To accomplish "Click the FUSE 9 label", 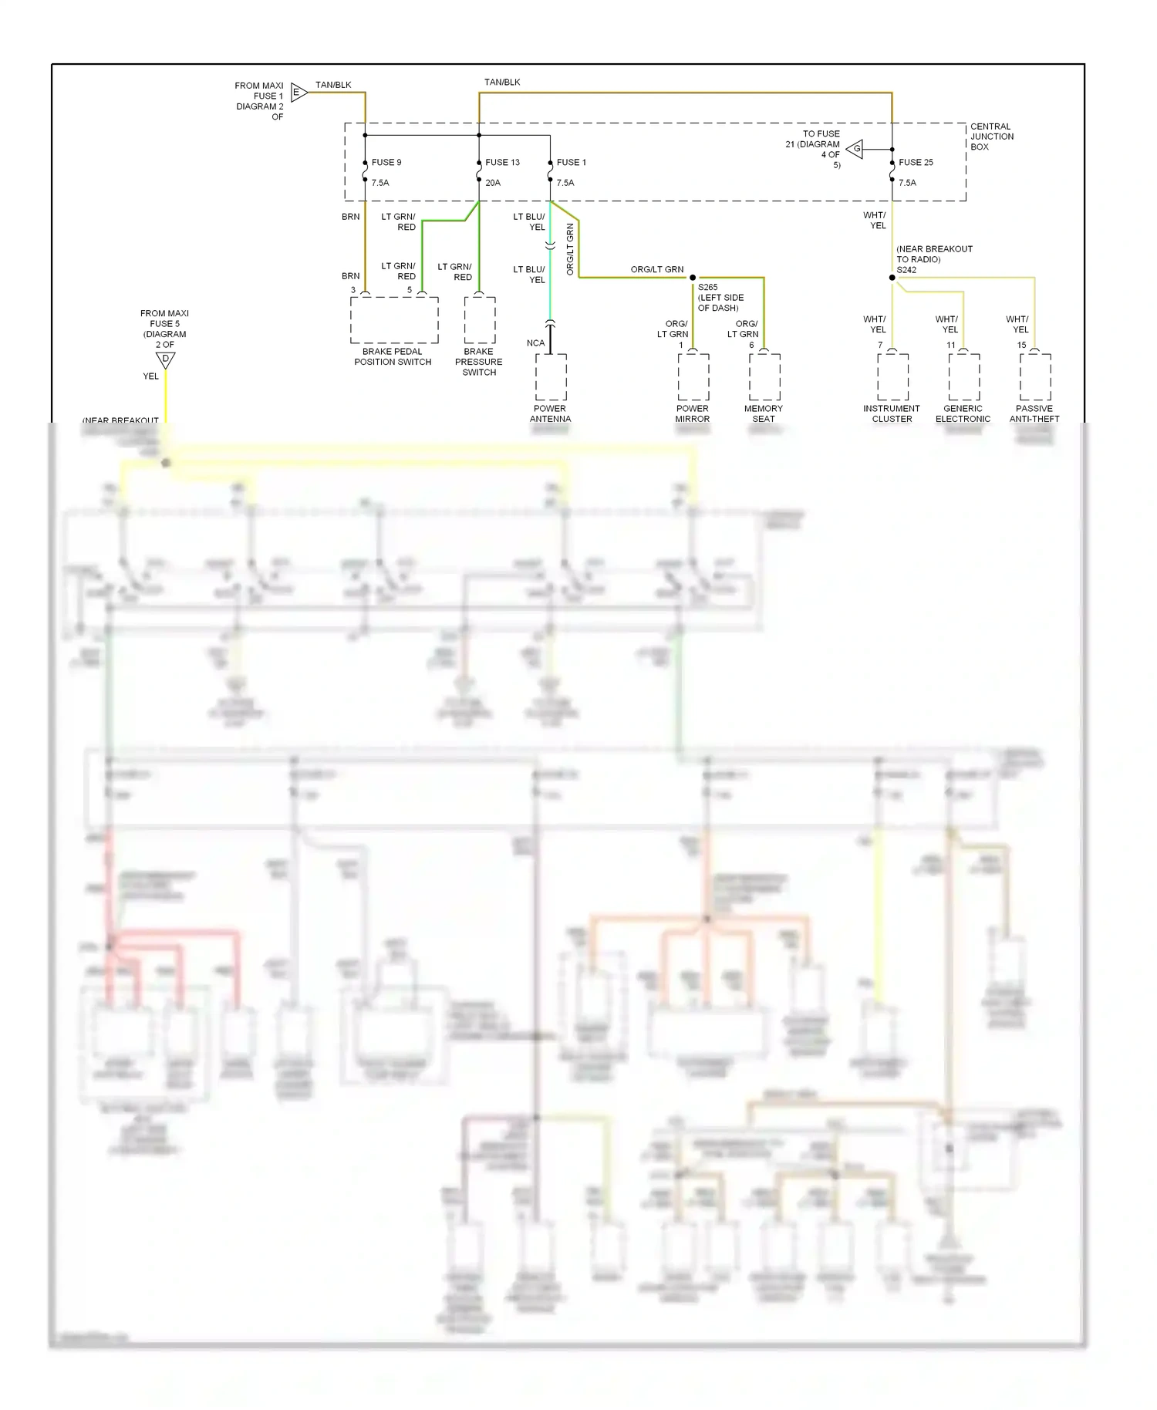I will pyautogui.click(x=386, y=163).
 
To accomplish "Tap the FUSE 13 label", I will pyautogui.click(x=502, y=163).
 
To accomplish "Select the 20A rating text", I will pyautogui.click(x=493, y=183).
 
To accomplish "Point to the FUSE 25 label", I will pyautogui.click(x=916, y=163).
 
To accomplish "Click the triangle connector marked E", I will pyautogui.click(x=299, y=93).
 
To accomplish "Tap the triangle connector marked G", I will pyautogui.click(x=855, y=149).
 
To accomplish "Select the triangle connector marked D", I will pyautogui.click(x=165, y=359).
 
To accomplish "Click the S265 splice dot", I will pyautogui.click(x=693, y=278).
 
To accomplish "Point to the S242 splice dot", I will pyautogui.click(x=892, y=278).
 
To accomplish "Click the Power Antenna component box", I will pyautogui.click(x=551, y=377).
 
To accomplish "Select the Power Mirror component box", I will pyautogui.click(x=693, y=377).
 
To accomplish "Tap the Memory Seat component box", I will pyautogui.click(x=764, y=377).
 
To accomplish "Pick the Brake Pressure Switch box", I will pyautogui.click(x=479, y=320).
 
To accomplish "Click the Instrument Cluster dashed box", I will pyautogui.click(x=892, y=377).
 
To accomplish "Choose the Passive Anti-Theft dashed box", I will pyautogui.click(x=1034, y=377).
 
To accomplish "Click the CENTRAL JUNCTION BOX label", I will pyautogui.click(x=991, y=137).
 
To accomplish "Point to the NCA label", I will pyautogui.click(x=535, y=343).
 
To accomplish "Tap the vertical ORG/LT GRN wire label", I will pyautogui.click(x=570, y=249).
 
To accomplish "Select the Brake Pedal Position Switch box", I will pyautogui.click(x=394, y=320).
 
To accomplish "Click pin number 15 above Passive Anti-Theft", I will pyautogui.click(x=1021, y=346).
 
